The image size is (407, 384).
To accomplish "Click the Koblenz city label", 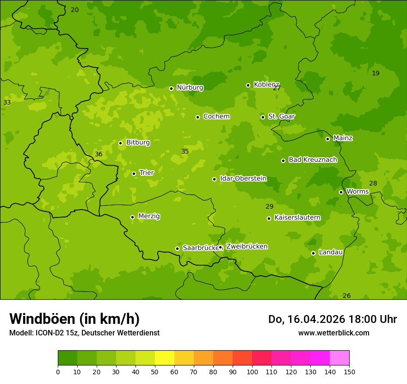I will (x=266, y=85).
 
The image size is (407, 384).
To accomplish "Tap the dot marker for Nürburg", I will (x=171, y=88).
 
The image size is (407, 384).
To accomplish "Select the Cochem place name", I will (x=216, y=117).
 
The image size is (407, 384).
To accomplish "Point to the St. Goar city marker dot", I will (x=263, y=117).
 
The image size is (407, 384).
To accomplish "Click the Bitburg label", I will (x=138, y=142).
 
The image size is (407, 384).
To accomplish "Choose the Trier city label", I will (x=146, y=173).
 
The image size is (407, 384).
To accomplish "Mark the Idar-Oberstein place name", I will (x=243, y=179).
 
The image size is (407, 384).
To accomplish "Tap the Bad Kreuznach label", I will (x=313, y=160).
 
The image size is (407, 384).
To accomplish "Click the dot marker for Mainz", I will (x=327, y=139).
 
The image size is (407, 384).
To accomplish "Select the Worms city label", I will (x=357, y=192).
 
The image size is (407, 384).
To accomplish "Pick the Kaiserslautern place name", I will (x=297, y=217).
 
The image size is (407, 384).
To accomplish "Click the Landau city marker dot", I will (x=313, y=253).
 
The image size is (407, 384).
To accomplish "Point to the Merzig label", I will (x=149, y=216).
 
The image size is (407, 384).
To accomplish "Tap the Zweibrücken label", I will (x=247, y=247).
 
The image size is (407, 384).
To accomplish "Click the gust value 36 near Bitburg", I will (x=99, y=154).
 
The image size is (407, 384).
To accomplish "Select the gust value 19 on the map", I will (x=376, y=73).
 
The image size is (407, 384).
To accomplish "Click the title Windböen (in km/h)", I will (x=74, y=319).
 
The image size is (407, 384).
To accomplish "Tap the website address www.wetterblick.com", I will (x=333, y=333).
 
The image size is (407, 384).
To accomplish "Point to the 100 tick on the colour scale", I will (x=252, y=372).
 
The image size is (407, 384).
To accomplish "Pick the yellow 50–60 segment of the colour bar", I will (x=165, y=358).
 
